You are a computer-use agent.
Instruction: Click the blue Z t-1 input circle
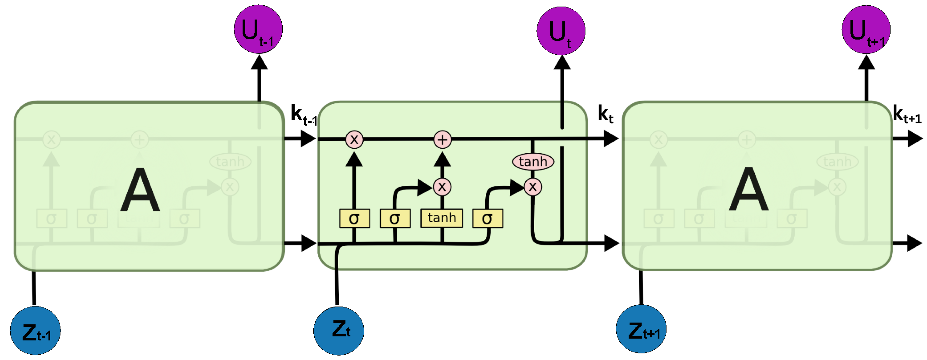pos(35,331)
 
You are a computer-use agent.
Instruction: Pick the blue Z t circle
pos(339,331)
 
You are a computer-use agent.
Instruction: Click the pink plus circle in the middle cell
pos(442,140)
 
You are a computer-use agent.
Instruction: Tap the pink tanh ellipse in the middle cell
pos(533,162)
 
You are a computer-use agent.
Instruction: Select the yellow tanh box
pos(442,218)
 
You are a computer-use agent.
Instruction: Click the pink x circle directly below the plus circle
pos(442,187)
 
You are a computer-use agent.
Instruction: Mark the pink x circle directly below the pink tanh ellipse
pos(533,187)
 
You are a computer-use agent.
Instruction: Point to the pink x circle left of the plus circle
pos(354,140)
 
